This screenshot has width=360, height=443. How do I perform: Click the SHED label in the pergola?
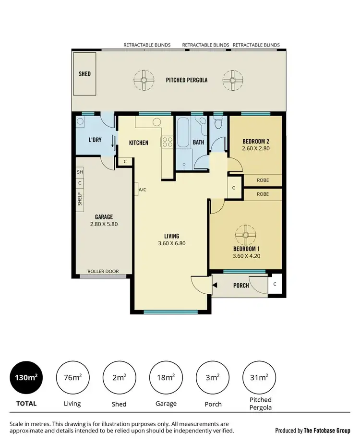[x=84, y=74]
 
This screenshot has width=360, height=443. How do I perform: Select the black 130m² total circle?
[x=25, y=378]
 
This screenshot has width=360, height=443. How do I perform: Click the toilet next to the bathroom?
[x=218, y=124]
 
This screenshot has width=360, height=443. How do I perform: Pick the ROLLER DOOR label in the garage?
[x=103, y=271]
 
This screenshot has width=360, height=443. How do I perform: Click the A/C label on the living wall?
[x=143, y=189]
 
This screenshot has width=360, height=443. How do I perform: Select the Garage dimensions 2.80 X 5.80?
[x=103, y=224]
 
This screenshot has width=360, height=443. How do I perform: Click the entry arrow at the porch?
[x=215, y=286]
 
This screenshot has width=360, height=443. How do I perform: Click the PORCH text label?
[x=241, y=286]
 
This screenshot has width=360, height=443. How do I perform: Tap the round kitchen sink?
[x=156, y=122]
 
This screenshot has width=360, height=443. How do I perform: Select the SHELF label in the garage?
[x=80, y=199]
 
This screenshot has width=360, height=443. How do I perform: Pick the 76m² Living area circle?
[x=73, y=378]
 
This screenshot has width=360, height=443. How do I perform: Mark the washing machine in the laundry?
[x=81, y=122]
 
